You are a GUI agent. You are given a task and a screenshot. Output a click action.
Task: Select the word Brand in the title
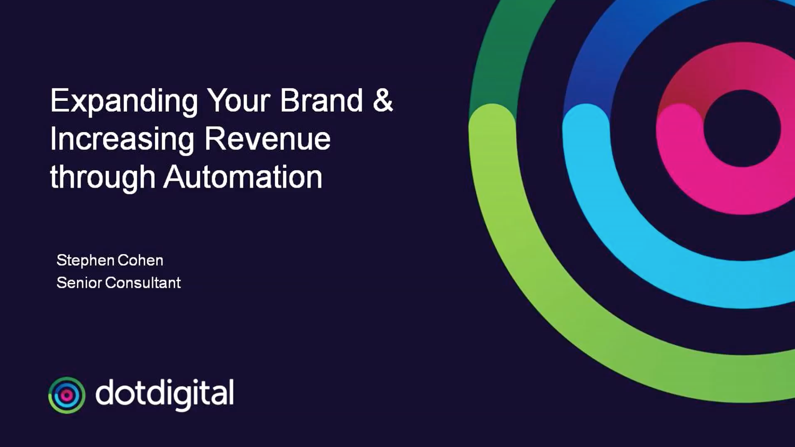(x=321, y=100)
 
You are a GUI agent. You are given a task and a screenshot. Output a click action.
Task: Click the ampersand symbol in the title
(x=383, y=100)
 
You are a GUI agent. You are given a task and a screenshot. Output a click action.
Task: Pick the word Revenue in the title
(x=268, y=139)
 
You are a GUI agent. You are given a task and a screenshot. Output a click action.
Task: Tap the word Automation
(x=243, y=177)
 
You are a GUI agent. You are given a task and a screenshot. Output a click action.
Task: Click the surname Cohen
(x=140, y=260)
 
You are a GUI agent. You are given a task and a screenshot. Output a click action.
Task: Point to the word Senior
(x=80, y=283)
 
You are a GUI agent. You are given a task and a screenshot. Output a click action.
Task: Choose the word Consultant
(x=143, y=283)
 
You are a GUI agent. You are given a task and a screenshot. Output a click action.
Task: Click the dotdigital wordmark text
(x=164, y=394)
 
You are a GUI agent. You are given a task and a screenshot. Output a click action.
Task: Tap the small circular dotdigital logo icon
(x=66, y=395)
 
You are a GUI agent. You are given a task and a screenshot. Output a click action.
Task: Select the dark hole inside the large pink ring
(x=742, y=128)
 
